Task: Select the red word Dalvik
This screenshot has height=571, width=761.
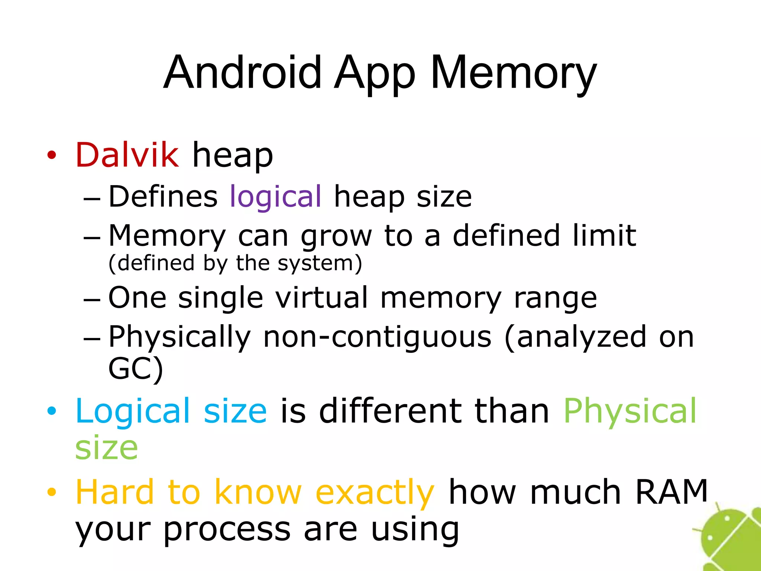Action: tap(127, 155)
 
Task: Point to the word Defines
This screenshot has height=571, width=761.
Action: tap(163, 196)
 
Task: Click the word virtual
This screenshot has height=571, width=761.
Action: tap(322, 297)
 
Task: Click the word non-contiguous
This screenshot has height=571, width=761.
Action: tap(377, 337)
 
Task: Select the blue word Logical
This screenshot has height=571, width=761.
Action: tap(133, 412)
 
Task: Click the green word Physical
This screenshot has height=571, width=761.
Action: tap(630, 412)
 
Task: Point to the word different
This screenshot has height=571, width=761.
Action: tap(390, 411)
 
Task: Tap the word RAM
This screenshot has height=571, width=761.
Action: tap(671, 492)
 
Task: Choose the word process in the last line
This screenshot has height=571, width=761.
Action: tap(227, 529)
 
